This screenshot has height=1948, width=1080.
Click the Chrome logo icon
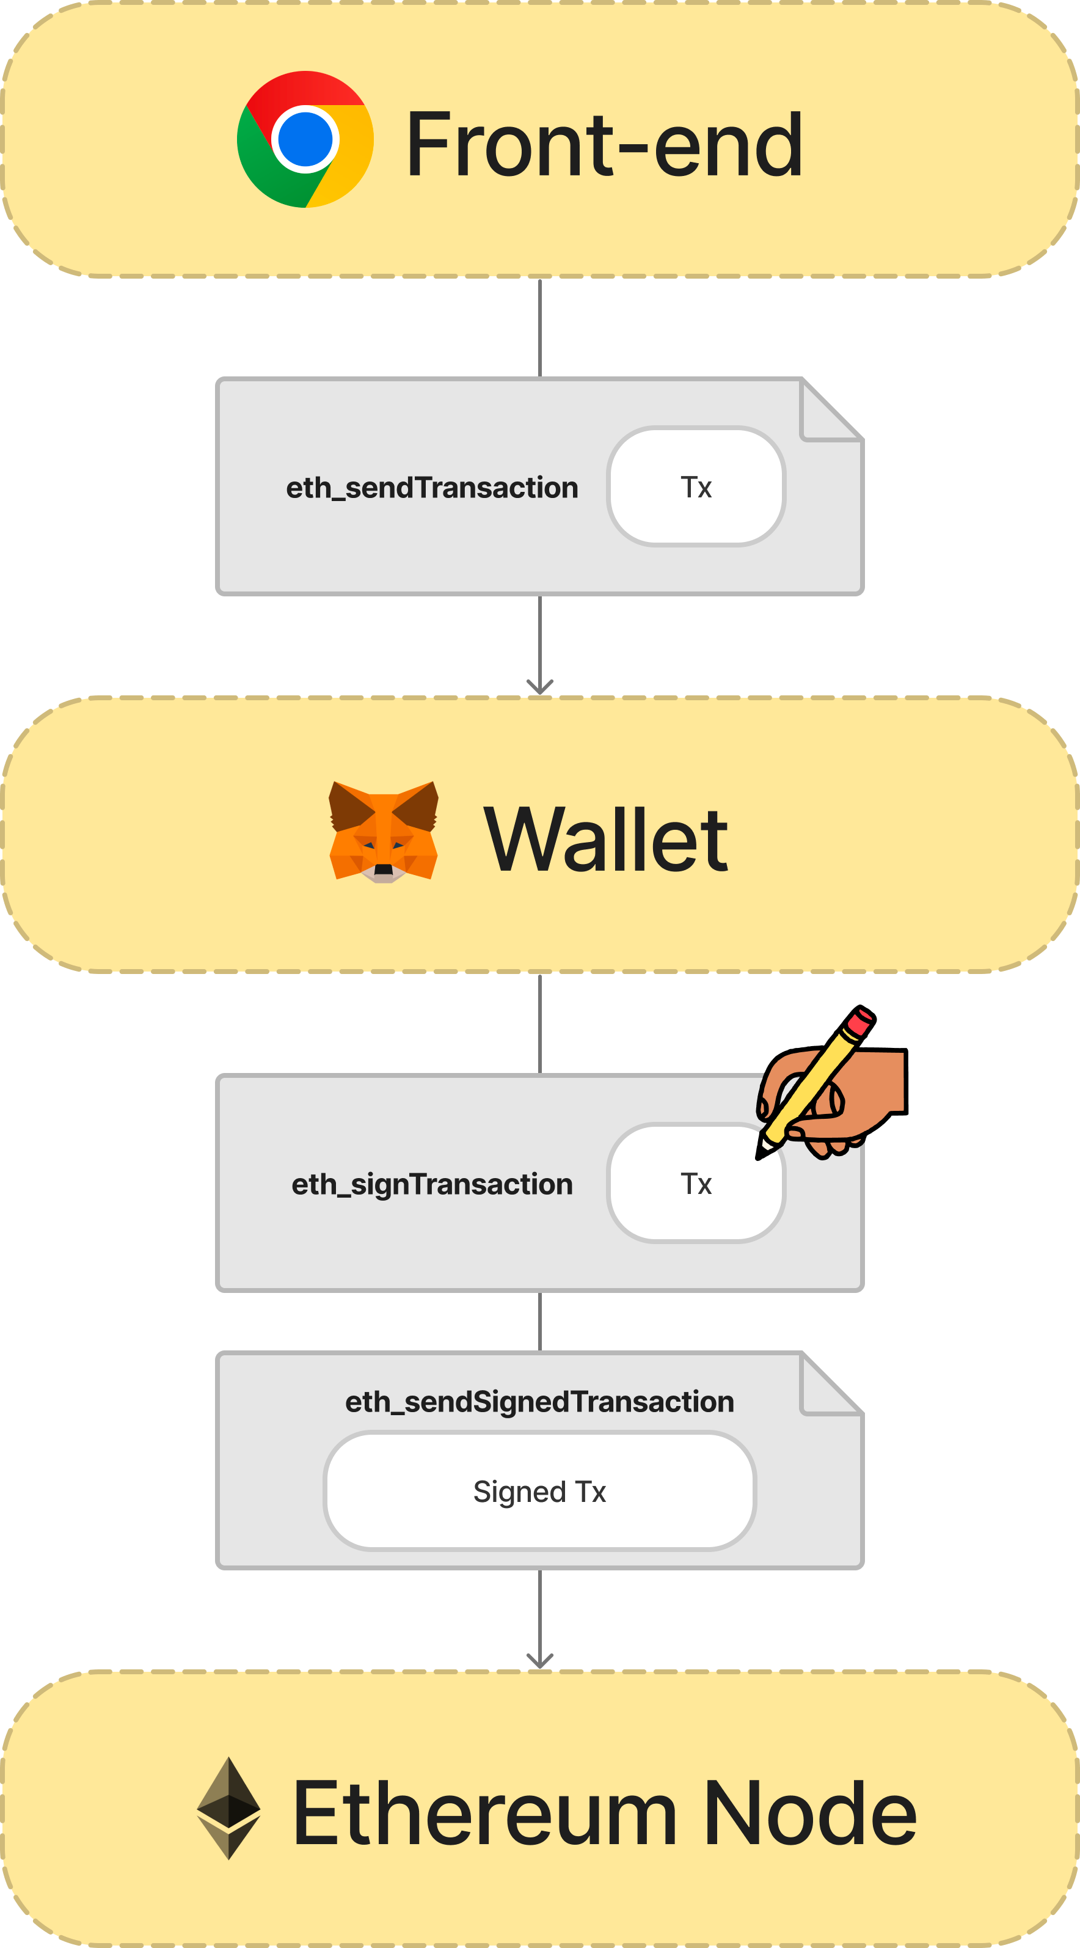click(x=305, y=139)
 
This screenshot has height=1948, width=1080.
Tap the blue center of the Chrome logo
click(x=305, y=139)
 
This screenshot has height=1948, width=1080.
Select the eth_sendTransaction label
click(x=431, y=488)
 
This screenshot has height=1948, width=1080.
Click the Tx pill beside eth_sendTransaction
click(x=696, y=486)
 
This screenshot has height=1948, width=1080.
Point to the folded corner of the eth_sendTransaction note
click(x=831, y=409)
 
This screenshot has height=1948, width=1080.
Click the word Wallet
click(x=605, y=840)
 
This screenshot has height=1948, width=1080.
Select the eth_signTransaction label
click(x=431, y=1184)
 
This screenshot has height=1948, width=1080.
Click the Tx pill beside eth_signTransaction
click(x=696, y=1183)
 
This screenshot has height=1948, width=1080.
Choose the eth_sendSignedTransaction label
click(x=539, y=1401)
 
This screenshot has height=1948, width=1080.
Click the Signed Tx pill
click(x=539, y=1492)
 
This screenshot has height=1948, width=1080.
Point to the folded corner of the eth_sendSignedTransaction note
click(x=831, y=1383)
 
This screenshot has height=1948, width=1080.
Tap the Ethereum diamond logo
click(x=228, y=1807)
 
